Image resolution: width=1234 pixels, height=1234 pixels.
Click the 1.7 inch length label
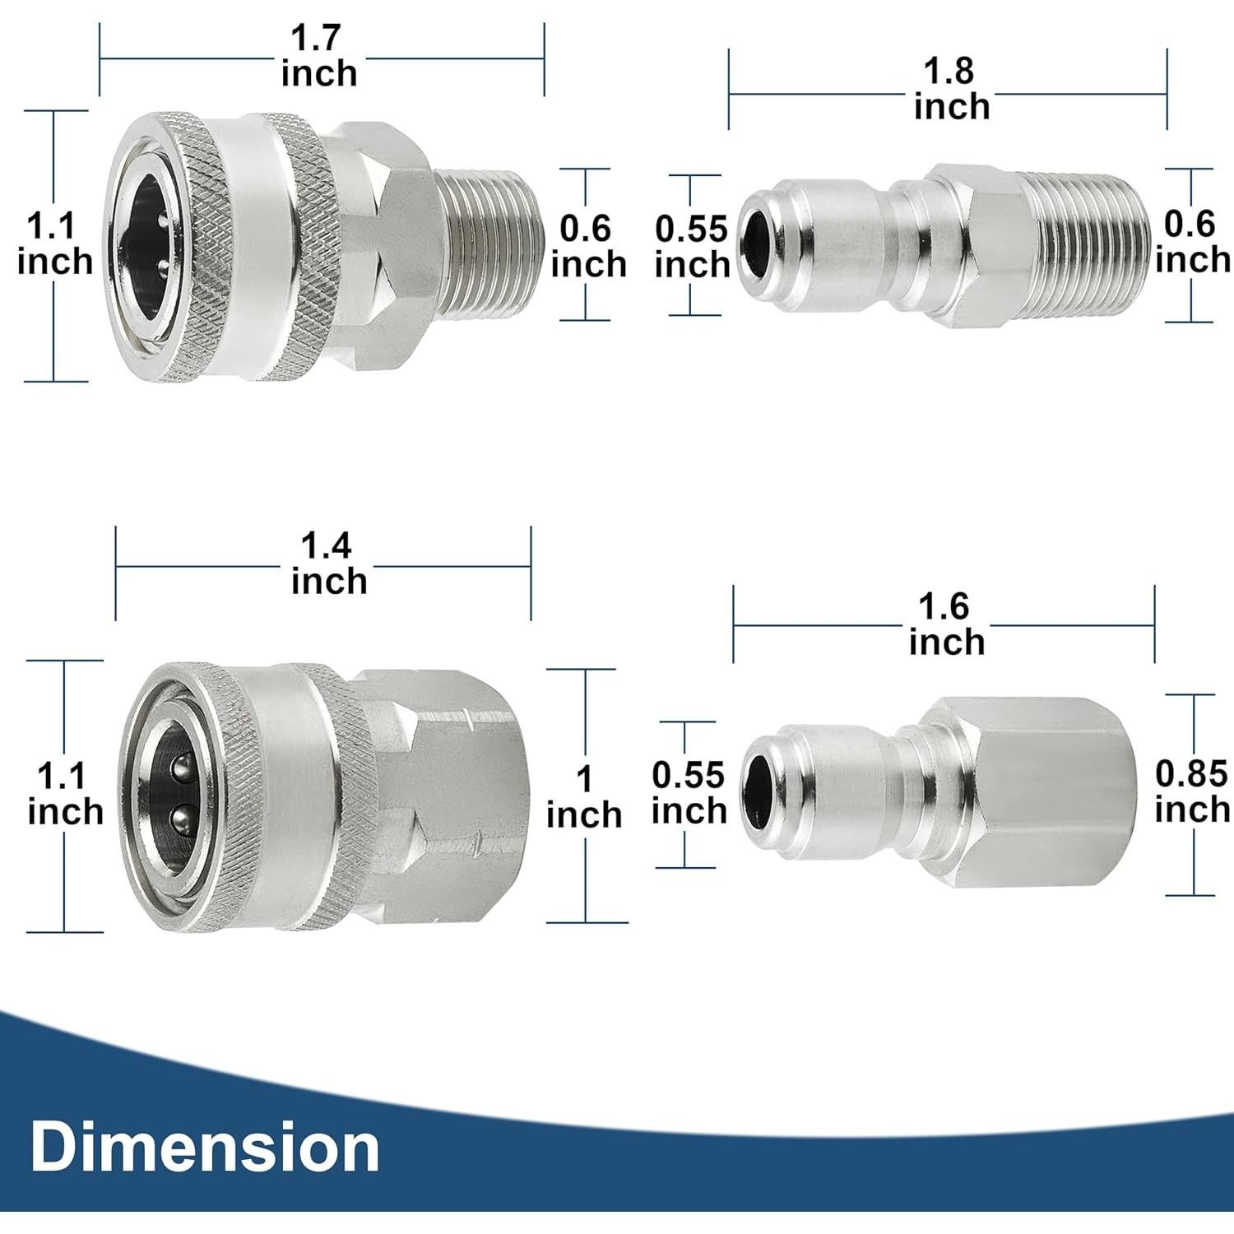pos(319,56)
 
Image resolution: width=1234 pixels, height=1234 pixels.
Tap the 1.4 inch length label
pos(328,564)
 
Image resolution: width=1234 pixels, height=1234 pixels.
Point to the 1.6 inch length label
pos(946,624)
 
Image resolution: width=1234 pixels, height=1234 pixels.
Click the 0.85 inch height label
pos(1191,791)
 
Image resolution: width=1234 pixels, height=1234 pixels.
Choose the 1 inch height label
pos(584,797)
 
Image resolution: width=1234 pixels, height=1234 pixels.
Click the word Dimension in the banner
pos(205,1147)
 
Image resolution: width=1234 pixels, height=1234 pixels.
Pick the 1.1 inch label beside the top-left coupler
pos(54,244)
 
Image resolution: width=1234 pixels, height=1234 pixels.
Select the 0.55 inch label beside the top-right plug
pos(692,247)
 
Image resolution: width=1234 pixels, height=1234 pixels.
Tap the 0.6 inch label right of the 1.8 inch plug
pos(1191,242)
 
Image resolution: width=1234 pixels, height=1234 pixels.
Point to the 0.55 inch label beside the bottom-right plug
pos(689,793)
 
